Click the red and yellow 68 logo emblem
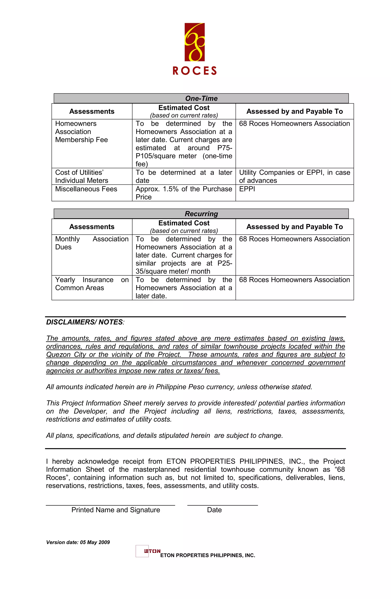(195, 42)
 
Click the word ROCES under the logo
(195, 71)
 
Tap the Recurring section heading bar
(201, 214)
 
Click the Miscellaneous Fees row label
(86, 189)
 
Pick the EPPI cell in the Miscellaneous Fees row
(247, 189)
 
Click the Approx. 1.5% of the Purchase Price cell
(184, 193)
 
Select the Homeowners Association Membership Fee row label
(81, 132)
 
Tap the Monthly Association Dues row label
(91, 243)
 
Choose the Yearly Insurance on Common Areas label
(91, 284)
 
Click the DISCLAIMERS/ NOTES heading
(85, 322)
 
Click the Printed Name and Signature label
(116, 510)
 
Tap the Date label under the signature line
(214, 510)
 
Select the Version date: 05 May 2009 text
(78, 542)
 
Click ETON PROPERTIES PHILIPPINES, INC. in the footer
(208, 555)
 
